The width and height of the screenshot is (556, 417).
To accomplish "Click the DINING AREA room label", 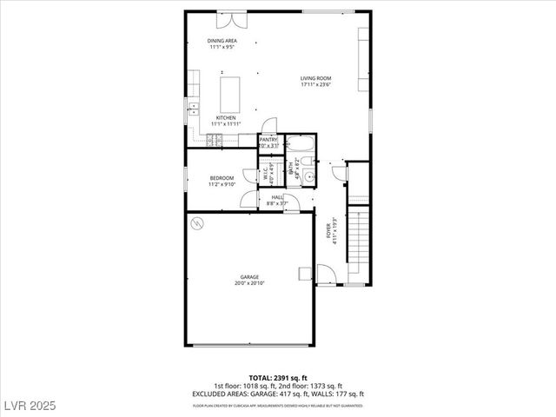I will (x=222, y=41).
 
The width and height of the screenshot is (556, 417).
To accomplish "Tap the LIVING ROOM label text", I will (x=315, y=78).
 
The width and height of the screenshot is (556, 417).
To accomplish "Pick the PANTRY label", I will (x=268, y=140).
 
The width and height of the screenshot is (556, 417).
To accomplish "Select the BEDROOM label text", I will (x=222, y=178).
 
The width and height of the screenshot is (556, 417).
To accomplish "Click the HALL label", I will (x=277, y=197).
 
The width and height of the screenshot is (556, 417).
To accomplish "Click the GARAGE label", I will (x=250, y=277).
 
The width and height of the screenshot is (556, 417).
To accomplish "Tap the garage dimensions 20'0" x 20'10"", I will (x=250, y=283).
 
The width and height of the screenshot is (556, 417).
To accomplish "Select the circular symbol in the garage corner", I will (x=197, y=223).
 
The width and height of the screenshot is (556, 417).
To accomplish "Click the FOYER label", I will (x=329, y=230).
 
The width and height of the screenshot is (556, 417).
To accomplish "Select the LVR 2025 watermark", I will (x=30, y=407).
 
